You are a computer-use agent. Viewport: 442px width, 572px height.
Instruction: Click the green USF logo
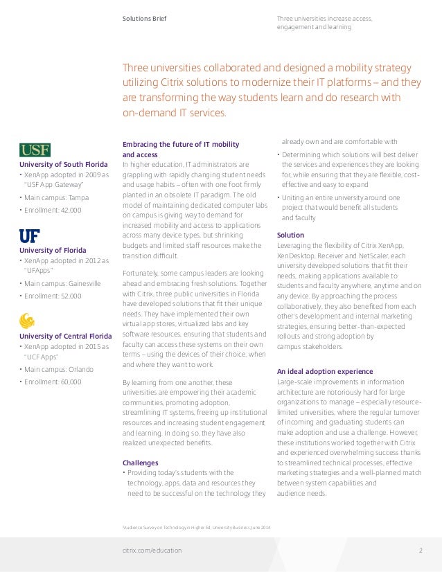[x=35, y=150]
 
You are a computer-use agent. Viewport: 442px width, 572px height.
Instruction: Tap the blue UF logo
[x=29, y=235]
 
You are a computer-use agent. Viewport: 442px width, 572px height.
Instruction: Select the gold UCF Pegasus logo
[x=27, y=321]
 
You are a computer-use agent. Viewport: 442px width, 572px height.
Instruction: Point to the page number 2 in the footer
[x=421, y=551]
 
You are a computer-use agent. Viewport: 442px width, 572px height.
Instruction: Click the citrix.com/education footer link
[x=152, y=551]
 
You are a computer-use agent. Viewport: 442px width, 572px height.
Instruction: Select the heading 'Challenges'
[x=141, y=463]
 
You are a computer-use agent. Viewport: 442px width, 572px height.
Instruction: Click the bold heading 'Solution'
[x=290, y=235]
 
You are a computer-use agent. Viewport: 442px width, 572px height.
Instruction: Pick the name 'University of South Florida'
[x=63, y=164]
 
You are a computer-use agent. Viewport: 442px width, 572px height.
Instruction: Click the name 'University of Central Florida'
[x=65, y=336]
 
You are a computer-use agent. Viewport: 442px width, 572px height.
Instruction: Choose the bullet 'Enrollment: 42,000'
[x=52, y=210]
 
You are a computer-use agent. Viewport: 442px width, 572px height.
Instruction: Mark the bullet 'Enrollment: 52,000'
[x=52, y=296]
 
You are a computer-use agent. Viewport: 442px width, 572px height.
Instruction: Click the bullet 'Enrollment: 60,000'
[x=52, y=382]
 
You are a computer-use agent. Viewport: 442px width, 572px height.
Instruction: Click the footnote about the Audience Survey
[x=197, y=528]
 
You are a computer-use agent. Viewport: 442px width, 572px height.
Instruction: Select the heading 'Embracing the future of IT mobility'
[x=181, y=144]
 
